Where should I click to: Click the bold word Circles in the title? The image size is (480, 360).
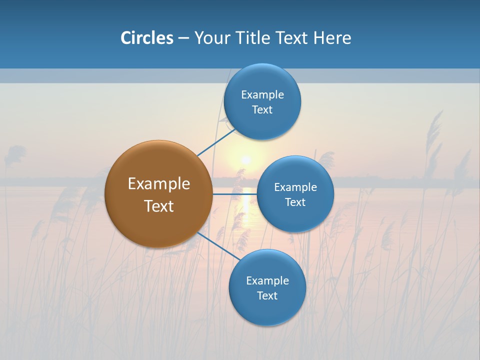(x=147, y=37)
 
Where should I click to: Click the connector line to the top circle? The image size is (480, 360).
(x=215, y=143)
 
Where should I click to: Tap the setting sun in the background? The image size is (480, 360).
(x=245, y=160)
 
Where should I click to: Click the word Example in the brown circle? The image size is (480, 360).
(x=159, y=183)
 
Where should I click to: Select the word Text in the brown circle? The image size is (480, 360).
(x=159, y=206)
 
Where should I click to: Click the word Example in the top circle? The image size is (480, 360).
(x=262, y=94)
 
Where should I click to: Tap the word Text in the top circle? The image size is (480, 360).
(x=262, y=109)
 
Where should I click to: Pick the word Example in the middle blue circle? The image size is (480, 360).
(x=295, y=187)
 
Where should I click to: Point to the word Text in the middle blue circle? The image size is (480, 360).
(x=295, y=202)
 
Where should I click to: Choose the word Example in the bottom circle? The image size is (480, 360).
(x=267, y=280)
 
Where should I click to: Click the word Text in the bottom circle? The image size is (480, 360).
(x=267, y=295)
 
